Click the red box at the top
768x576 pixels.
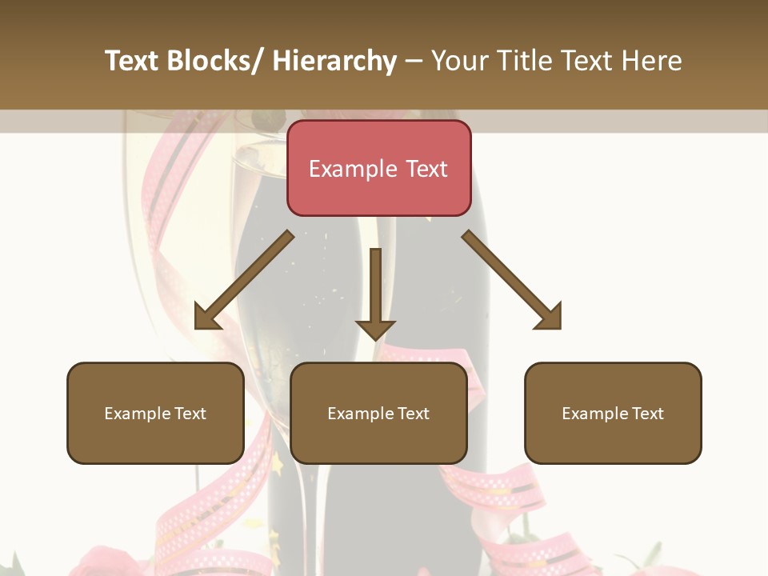378,168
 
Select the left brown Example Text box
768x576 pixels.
155,413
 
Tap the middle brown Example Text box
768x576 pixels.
378,413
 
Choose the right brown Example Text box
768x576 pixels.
613,413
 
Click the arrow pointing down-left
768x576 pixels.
244,280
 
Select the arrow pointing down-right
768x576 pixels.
512,280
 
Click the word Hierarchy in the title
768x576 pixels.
334,61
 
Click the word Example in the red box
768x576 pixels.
353,169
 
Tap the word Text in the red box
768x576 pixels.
426,169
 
